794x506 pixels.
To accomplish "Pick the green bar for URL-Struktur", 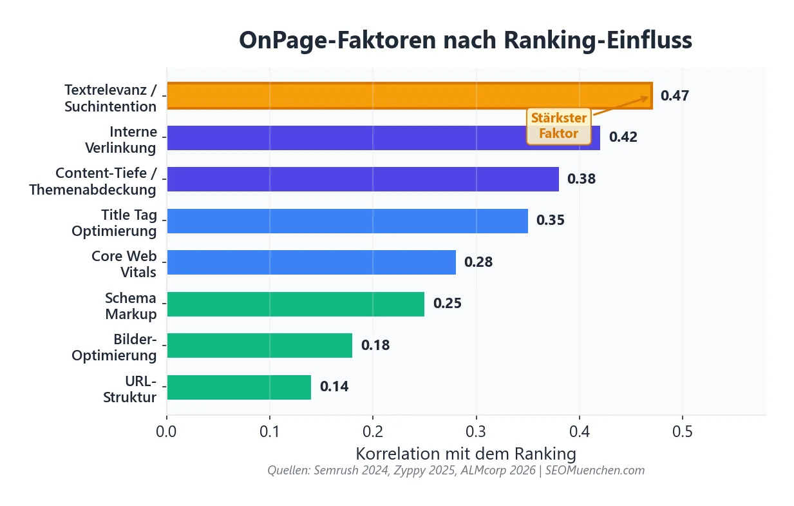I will (239, 387).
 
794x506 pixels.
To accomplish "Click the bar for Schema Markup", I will (296, 304).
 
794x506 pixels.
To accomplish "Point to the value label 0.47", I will (675, 96).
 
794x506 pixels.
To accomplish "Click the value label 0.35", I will (551, 220).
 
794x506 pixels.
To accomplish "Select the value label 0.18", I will (375, 345).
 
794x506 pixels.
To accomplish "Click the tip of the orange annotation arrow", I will (649, 97).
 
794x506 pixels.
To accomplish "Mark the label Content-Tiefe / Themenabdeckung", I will (93, 181).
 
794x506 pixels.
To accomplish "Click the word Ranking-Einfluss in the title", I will (598, 40).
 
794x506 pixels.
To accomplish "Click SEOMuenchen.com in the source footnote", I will (595, 471).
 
